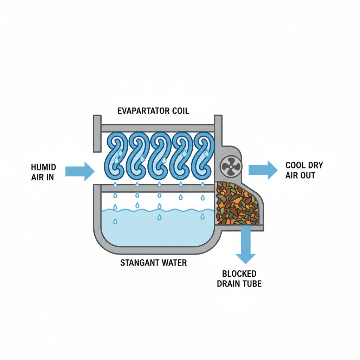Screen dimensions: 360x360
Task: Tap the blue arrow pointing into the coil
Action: [x=80, y=171]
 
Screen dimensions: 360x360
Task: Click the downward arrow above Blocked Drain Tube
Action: [x=245, y=246]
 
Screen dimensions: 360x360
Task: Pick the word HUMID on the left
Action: [x=43, y=167]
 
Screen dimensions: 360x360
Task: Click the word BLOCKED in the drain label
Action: [x=239, y=274]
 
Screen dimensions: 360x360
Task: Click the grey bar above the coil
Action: [x=157, y=128]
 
